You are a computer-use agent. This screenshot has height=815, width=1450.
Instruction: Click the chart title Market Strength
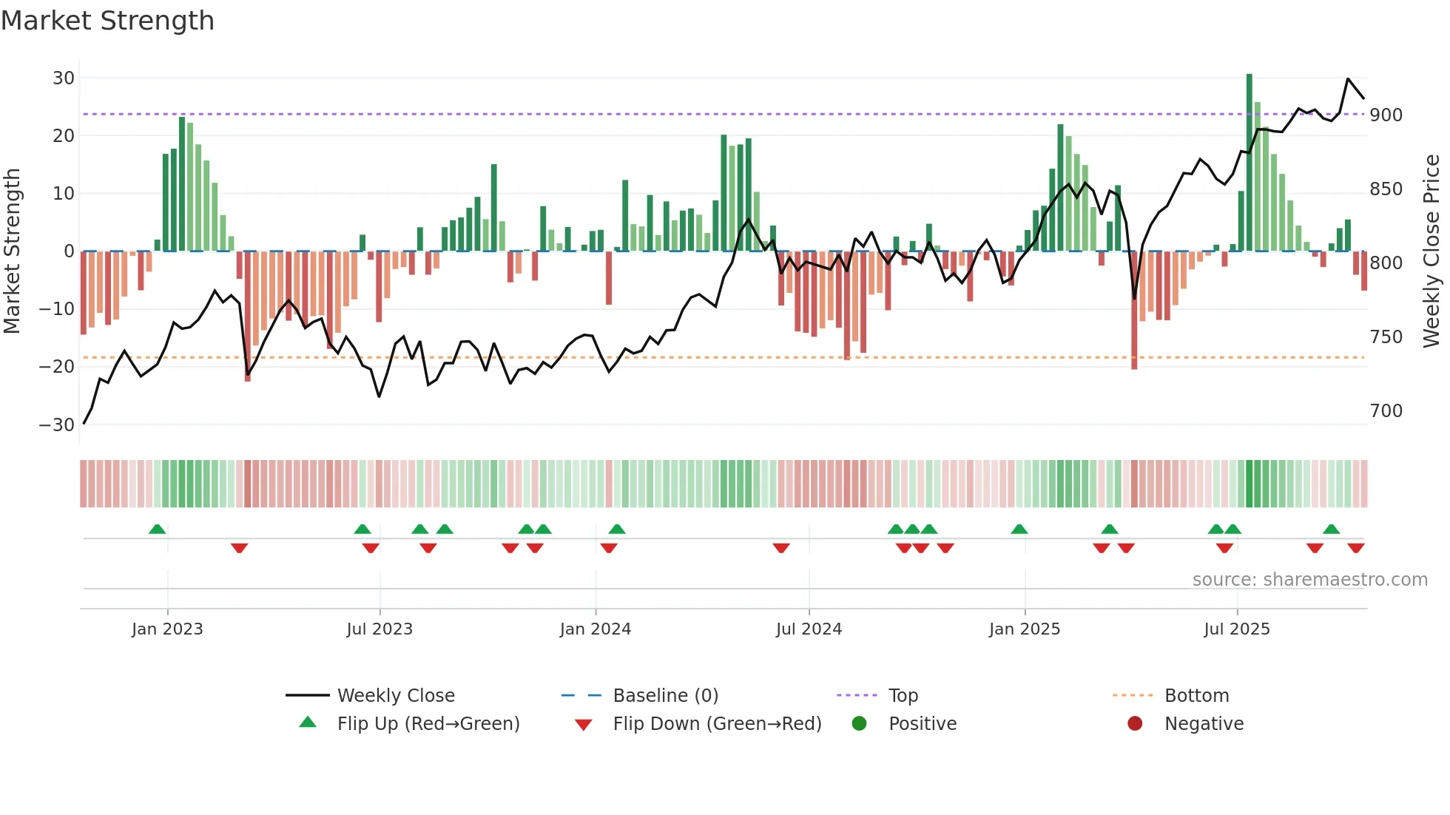pos(107,21)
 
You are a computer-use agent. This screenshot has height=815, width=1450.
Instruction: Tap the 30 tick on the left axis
pos(64,78)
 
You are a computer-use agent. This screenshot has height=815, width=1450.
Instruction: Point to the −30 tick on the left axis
pos(57,425)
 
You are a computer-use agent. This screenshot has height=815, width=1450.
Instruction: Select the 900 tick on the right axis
pos(1386,115)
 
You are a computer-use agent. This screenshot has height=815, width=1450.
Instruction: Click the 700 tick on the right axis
pos(1386,411)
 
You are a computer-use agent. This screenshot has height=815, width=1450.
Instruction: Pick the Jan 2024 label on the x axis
pos(595,629)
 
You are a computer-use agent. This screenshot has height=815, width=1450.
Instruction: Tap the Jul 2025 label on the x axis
pos(1236,629)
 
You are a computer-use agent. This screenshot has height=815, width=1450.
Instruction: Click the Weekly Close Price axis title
pos(1432,251)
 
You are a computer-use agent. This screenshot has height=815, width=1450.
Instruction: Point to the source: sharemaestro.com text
pos(1309,580)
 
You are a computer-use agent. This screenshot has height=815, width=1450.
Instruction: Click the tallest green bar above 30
pos(1249,163)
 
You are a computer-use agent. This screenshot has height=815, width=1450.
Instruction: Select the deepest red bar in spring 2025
pos(1134,311)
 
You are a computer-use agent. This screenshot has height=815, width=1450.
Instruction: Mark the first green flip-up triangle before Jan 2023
pos(157,530)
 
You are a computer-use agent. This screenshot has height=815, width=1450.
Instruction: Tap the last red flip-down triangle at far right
pos(1355,548)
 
